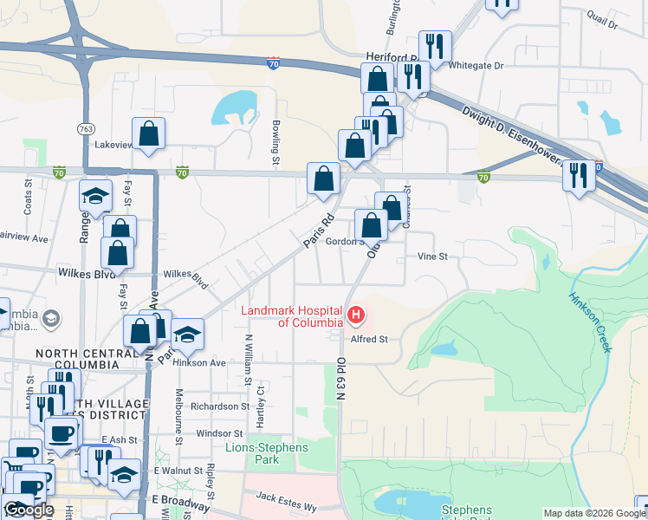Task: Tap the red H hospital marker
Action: point(354,314)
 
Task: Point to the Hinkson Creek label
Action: point(591,321)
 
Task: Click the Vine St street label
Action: point(431,257)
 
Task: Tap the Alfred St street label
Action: point(370,339)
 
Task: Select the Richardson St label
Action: point(220,406)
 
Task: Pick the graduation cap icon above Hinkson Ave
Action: point(187,334)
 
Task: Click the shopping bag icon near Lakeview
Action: point(149,133)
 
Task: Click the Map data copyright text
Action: point(594,513)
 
